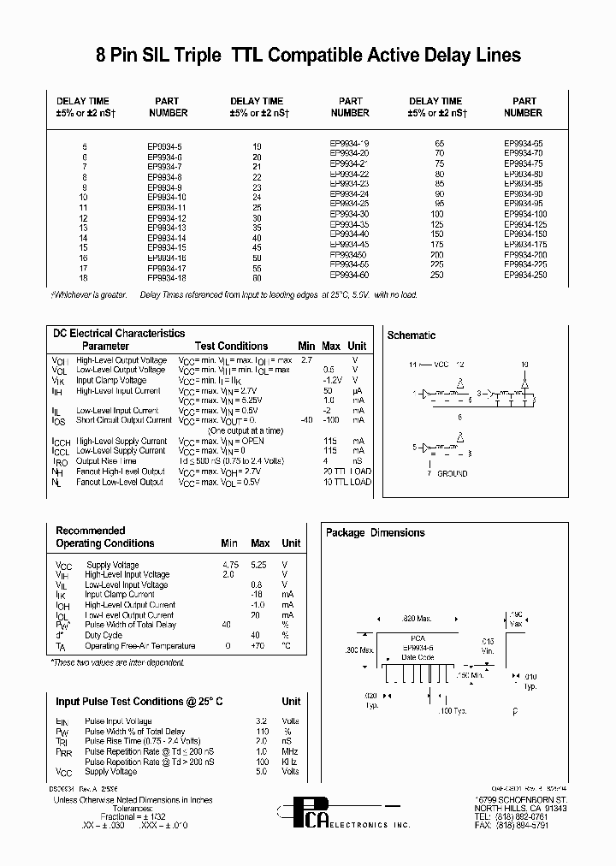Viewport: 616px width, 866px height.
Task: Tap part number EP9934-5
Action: (165, 146)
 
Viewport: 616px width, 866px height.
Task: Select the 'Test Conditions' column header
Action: (231, 346)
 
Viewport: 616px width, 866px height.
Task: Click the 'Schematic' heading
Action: (412, 335)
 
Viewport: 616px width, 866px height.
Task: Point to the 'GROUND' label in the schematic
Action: (452, 473)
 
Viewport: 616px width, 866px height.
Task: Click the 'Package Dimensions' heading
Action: (375, 532)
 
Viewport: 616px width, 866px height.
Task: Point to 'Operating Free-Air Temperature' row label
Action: (140, 646)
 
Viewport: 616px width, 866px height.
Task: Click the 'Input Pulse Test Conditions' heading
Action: (139, 701)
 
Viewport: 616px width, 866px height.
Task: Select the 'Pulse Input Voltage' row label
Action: (118, 721)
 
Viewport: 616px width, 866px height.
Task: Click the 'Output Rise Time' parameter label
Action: (108, 460)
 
